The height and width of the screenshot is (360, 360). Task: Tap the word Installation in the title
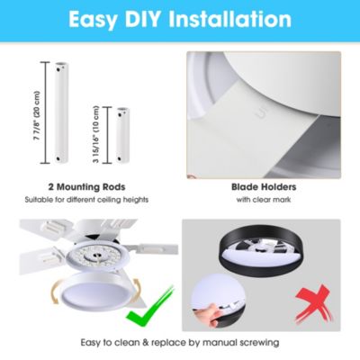tap(230, 20)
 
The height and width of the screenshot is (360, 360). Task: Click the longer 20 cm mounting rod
tap(61, 112)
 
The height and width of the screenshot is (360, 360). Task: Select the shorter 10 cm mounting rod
tap(122, 135)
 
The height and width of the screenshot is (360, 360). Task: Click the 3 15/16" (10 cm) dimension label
tap(96, 135)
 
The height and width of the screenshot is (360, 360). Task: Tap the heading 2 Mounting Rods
tap(86, 187)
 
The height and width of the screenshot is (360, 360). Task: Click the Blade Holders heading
tap(264, 187)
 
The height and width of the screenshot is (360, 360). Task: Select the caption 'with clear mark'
tap(264, 200)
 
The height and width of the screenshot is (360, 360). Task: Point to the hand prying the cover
tap(207, 314)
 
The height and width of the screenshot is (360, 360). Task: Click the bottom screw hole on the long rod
tap(58, 158)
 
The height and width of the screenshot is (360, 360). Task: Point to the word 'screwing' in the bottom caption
tap(257, 343)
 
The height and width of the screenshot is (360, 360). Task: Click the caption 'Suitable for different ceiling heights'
tap(86, 200)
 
